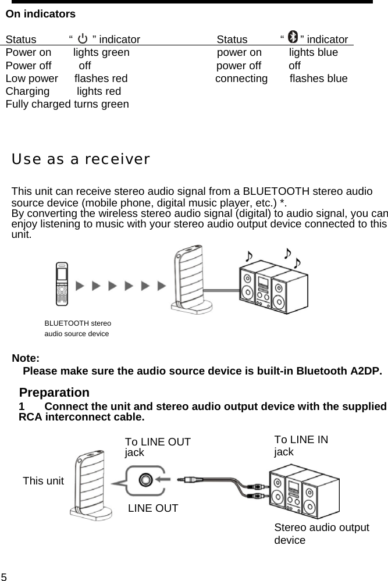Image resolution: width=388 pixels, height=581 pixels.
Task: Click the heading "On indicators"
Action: pyautogui.click(x=40, y=14)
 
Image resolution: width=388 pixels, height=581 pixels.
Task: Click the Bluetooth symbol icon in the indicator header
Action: pyautogui.click(x=293, y=38)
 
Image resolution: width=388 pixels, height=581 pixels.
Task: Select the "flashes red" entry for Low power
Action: pyautogui.click(x=101, y=79)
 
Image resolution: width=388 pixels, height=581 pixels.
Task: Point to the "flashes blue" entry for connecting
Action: pyautogui.click(x=318, y=79)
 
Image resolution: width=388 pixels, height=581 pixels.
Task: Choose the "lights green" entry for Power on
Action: pyautogui.click(x=101, y=53)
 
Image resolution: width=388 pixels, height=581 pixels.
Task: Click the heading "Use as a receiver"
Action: pyautogui.click(x=81, y=159)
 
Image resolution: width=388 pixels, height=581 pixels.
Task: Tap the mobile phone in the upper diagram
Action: pyautogui.click(x=63, y=284)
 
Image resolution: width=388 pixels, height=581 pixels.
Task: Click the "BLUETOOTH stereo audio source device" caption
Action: pyautogui.click(x=78, y=328)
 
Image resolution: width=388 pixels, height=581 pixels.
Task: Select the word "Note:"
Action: pyautogui.click(x=26, y=358)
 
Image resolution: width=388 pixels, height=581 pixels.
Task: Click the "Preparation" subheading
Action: pyautogui.click(x=54, y=393)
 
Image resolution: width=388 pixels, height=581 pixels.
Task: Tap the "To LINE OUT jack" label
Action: pyautogui.click(x=157, y=447)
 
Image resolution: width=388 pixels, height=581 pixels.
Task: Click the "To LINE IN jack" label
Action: pyautogui.click(x=300, y=445)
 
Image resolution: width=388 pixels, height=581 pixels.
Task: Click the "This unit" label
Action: pyautogui.click(x=43, y=481)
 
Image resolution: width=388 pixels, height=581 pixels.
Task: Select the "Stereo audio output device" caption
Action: pyautogui.click(x=321, y=534)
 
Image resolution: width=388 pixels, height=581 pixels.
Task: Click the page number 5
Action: pyautogui.click(x=4, y=576)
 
